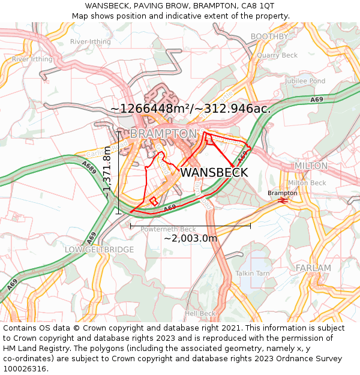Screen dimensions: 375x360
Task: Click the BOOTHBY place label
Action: click(269, 37)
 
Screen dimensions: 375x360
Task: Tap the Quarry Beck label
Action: click(277, 55)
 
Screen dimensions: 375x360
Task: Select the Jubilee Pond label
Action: click(305, 81)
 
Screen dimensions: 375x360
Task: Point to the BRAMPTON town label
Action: click(163, 133)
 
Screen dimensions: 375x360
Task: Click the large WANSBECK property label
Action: click(214, 172)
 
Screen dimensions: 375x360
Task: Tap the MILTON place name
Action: click(311, 166)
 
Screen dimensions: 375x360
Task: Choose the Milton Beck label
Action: click(307, 183)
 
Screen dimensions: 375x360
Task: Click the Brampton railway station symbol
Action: click(283, 201)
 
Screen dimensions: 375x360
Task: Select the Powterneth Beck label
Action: click(168, 229)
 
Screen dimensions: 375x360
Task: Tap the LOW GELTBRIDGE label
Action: click(99, 249)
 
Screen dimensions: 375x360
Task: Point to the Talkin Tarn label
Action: click(252, 273)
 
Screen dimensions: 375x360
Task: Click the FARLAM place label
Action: click(313, 268)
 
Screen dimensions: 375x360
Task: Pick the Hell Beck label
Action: click(200, 313)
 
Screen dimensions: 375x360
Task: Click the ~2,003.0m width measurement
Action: click(190, 238)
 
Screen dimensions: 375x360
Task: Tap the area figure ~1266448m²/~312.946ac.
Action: click(190, 109)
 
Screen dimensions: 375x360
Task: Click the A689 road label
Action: click(88, 167)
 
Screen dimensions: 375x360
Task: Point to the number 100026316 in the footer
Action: click(25, 368)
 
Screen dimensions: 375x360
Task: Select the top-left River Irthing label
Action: click(91, 41)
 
